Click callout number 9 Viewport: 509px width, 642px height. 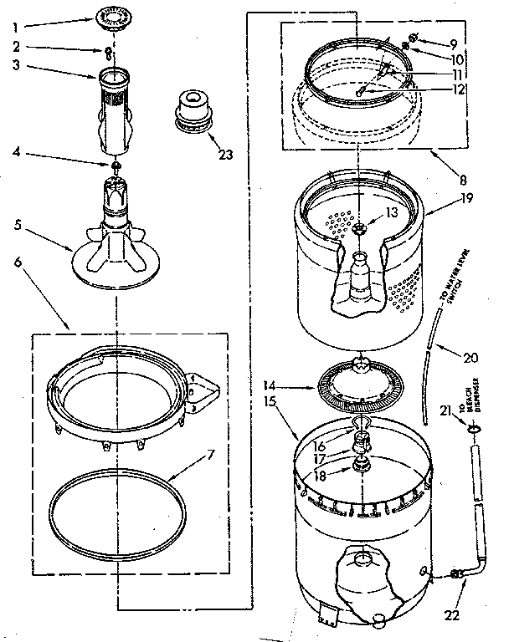coord(453,43)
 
